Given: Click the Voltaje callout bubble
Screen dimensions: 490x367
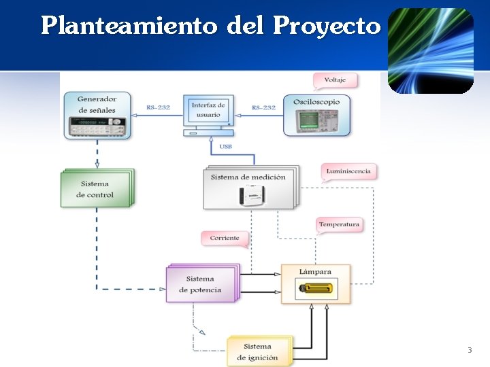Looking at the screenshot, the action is point(335,80).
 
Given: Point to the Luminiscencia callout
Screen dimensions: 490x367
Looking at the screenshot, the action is point(348,171).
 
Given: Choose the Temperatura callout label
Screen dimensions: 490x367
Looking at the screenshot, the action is point(339,224).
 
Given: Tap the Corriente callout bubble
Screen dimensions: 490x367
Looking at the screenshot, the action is point(225,238).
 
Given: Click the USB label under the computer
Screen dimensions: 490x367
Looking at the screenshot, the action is point(225,146).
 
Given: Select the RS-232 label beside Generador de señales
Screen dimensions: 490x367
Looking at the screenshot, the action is point(158,107).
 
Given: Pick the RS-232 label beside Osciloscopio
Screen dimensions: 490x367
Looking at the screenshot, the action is point(263,107).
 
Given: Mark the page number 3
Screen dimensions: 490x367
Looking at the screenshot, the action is point(469,350).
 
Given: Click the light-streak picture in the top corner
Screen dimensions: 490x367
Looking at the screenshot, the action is point(431,50).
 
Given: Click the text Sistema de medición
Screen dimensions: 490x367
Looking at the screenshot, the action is point(248,177).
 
